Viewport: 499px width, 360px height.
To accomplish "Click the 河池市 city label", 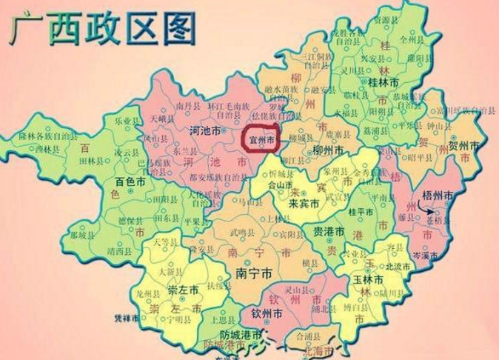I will pyautogui.click(x=202, y=131).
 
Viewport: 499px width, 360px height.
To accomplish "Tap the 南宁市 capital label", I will pyautogui.click(x=252, y=273).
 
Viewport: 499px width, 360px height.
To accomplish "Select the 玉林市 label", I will pyautogui.click(x=369, y=280).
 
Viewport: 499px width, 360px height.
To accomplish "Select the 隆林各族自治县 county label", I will pyautogui.click(x=47, y=136).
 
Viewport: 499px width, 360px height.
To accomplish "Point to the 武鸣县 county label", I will pyautogui.click(x=242, y=232).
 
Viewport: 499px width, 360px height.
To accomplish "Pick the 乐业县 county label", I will pyautogui.click(x=126, y=120).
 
